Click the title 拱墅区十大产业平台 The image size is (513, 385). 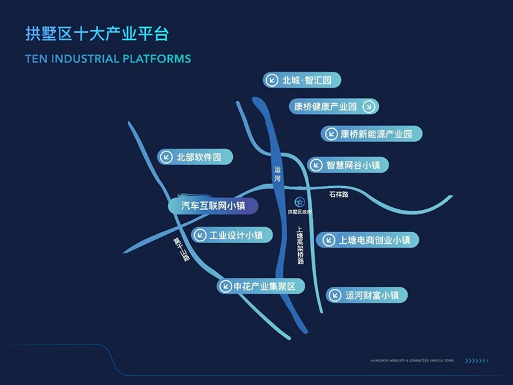pos(97,33)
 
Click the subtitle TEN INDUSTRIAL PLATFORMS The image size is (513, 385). pos(108,59)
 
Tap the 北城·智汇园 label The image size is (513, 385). pos(301,80)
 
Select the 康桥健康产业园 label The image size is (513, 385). pos(326,107)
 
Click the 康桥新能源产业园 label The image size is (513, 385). pos(372,134)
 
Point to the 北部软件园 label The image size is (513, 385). pos(195,157)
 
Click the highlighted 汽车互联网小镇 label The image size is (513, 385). pos(214,206)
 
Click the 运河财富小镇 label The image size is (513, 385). pos(367,295)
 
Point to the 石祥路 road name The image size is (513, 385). pos(339,194)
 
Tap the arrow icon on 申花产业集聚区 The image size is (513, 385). pos(226,286)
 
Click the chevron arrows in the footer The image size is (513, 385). pos(476,361)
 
